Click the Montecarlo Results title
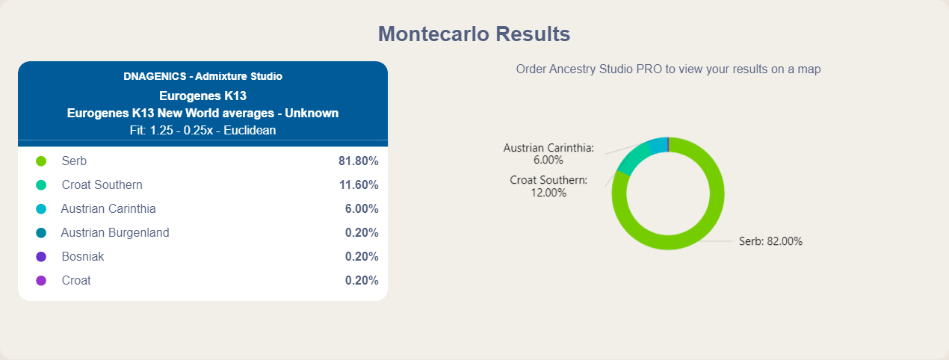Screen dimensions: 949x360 click(x=474, y=34)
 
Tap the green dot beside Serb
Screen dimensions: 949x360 click(x=41, y=161)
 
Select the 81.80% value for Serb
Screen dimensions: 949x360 click(x=358, y=161)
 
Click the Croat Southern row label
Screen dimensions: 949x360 click(x=102, y=184)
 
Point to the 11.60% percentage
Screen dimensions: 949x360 click(x=359, y=184)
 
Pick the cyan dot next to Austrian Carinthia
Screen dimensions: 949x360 click(x=41, y=209)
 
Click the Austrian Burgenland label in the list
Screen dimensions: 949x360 click(x=115, y=232)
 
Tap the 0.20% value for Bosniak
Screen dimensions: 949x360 click(x=362, y=256)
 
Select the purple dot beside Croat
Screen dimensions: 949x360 click(x=41, y=280)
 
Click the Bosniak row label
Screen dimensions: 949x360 click(x=83, y=256)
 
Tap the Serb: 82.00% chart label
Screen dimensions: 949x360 click(x=770, y=241)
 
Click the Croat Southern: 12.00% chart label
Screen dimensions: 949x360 click(x=548, y=187)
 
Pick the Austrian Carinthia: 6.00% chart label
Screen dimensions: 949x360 click(x=548, y=154)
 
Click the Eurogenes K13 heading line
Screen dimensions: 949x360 click(x=203, y=96)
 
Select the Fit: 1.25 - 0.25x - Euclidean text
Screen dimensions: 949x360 click(x=203, y=130)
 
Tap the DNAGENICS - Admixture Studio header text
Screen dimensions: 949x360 click(x=203, y=76)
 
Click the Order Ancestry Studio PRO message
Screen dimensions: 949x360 click(x=668, y=69)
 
